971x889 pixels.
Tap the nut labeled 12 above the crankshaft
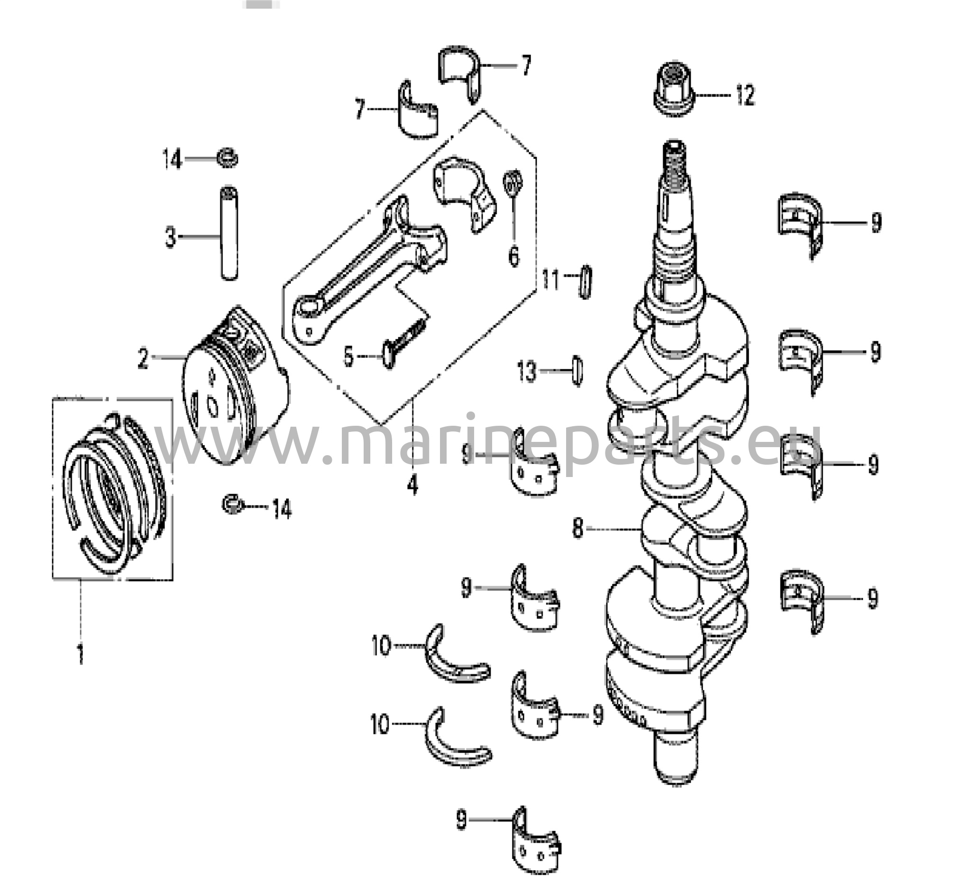coord(674,89)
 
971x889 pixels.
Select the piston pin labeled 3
coord(230,233)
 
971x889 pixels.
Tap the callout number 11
coord(550,280)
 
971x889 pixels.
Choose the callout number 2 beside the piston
coord(143,358)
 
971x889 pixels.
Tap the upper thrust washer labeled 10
coord(458,653)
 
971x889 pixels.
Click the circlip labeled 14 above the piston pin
coord(227,158)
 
